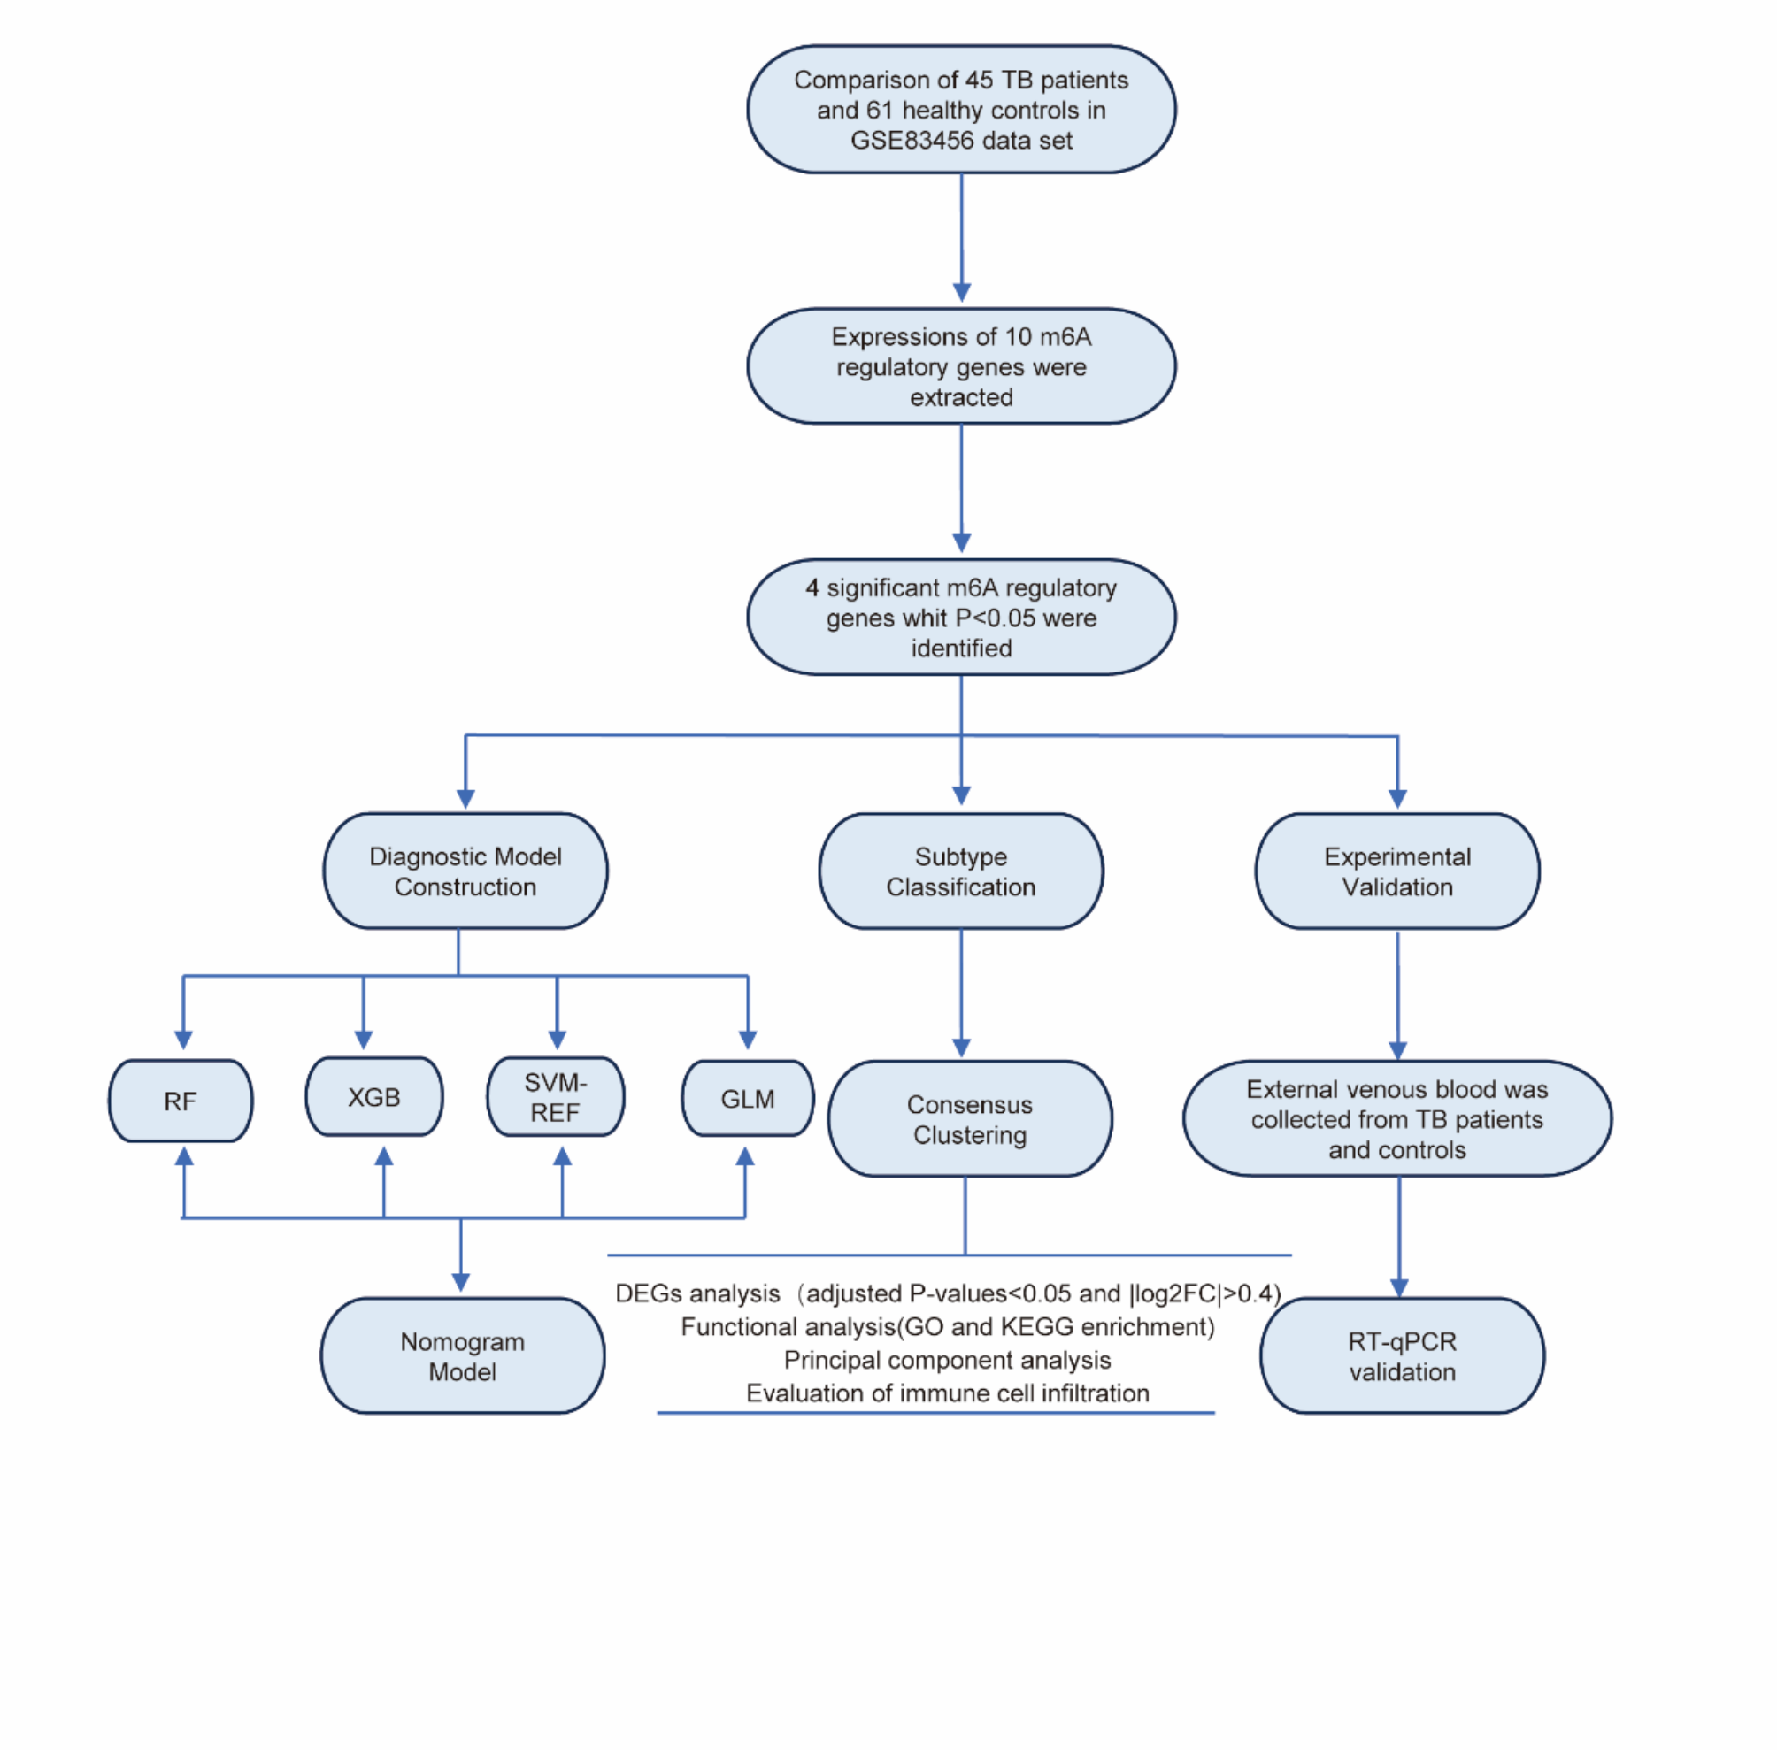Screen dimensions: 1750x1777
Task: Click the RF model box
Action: [181, 1101]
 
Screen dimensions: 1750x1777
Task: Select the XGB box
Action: [373, 1097]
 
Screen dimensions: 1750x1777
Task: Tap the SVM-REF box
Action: [555, 1097]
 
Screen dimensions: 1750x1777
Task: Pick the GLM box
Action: [748, 1099]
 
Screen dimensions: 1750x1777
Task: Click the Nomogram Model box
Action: [463, 1356]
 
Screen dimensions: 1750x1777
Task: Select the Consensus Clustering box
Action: [970, 1119]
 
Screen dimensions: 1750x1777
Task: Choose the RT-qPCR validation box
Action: [1402, 1356]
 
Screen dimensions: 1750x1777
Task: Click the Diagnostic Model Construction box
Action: [465, 871]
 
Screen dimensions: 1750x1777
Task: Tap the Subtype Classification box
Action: [961, 871]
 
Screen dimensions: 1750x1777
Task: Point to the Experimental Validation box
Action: [1397, 871]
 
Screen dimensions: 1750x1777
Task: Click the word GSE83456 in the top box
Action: [910, 141]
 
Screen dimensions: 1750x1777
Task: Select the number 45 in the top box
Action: [979, 80]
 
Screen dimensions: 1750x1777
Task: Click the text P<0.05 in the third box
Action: [1004, 618]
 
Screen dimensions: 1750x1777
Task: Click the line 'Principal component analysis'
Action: [947, 1361]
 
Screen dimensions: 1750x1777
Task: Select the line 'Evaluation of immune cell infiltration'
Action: [947, 1393]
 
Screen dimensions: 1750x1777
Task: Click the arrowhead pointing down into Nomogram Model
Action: [461, 1282]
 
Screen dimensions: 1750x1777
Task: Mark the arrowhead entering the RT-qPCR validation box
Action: [1399, 1288]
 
